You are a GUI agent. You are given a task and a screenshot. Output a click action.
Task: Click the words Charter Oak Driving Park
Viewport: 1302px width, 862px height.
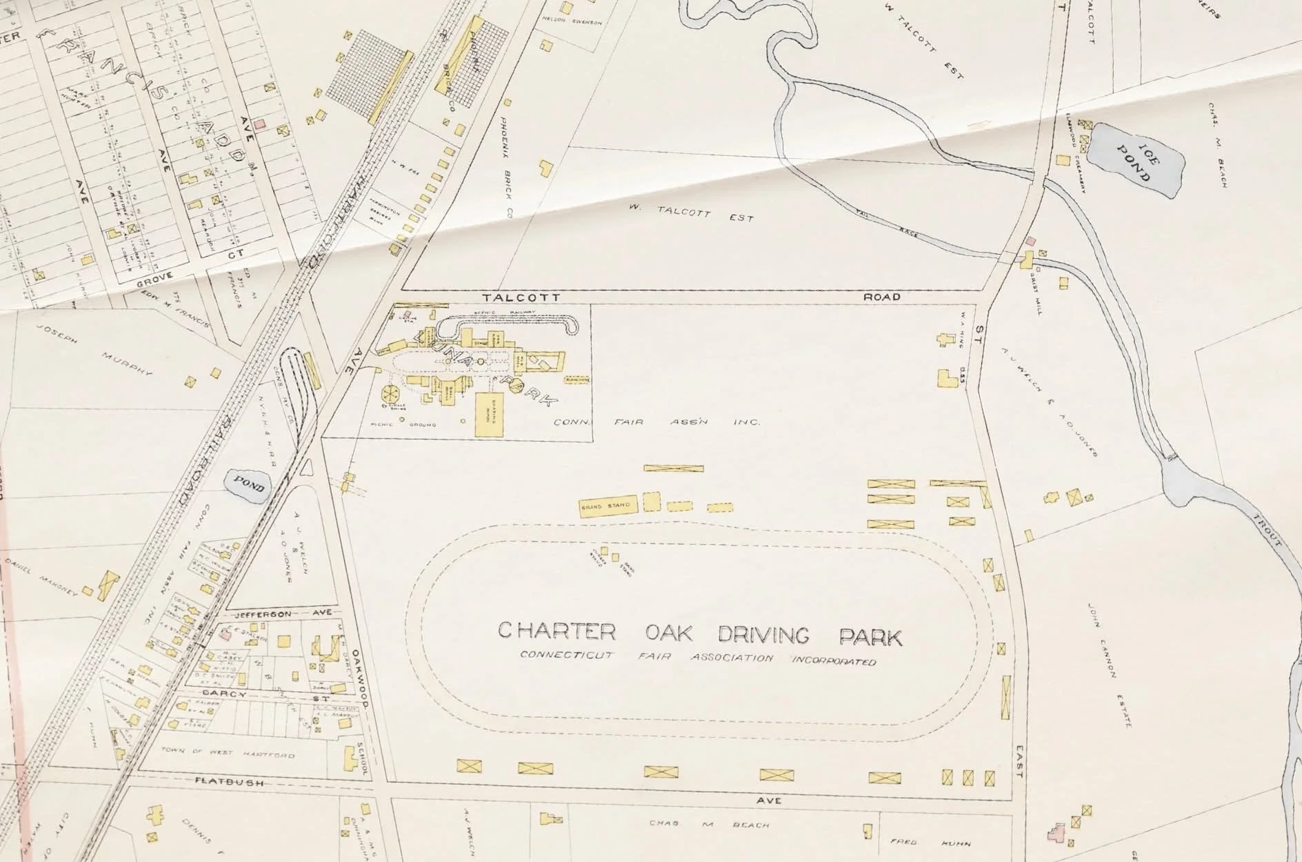(x=700, y=634)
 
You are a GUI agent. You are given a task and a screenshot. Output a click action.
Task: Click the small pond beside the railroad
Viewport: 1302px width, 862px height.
(x=247, y=483)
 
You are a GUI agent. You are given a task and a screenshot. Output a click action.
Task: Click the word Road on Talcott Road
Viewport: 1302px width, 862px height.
(x=882, y=297)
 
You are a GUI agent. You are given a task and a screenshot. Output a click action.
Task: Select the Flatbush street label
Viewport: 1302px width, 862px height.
(x=221, y=781)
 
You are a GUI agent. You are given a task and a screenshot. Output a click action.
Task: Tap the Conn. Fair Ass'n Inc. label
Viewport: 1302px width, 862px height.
(x=657, y=422)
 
